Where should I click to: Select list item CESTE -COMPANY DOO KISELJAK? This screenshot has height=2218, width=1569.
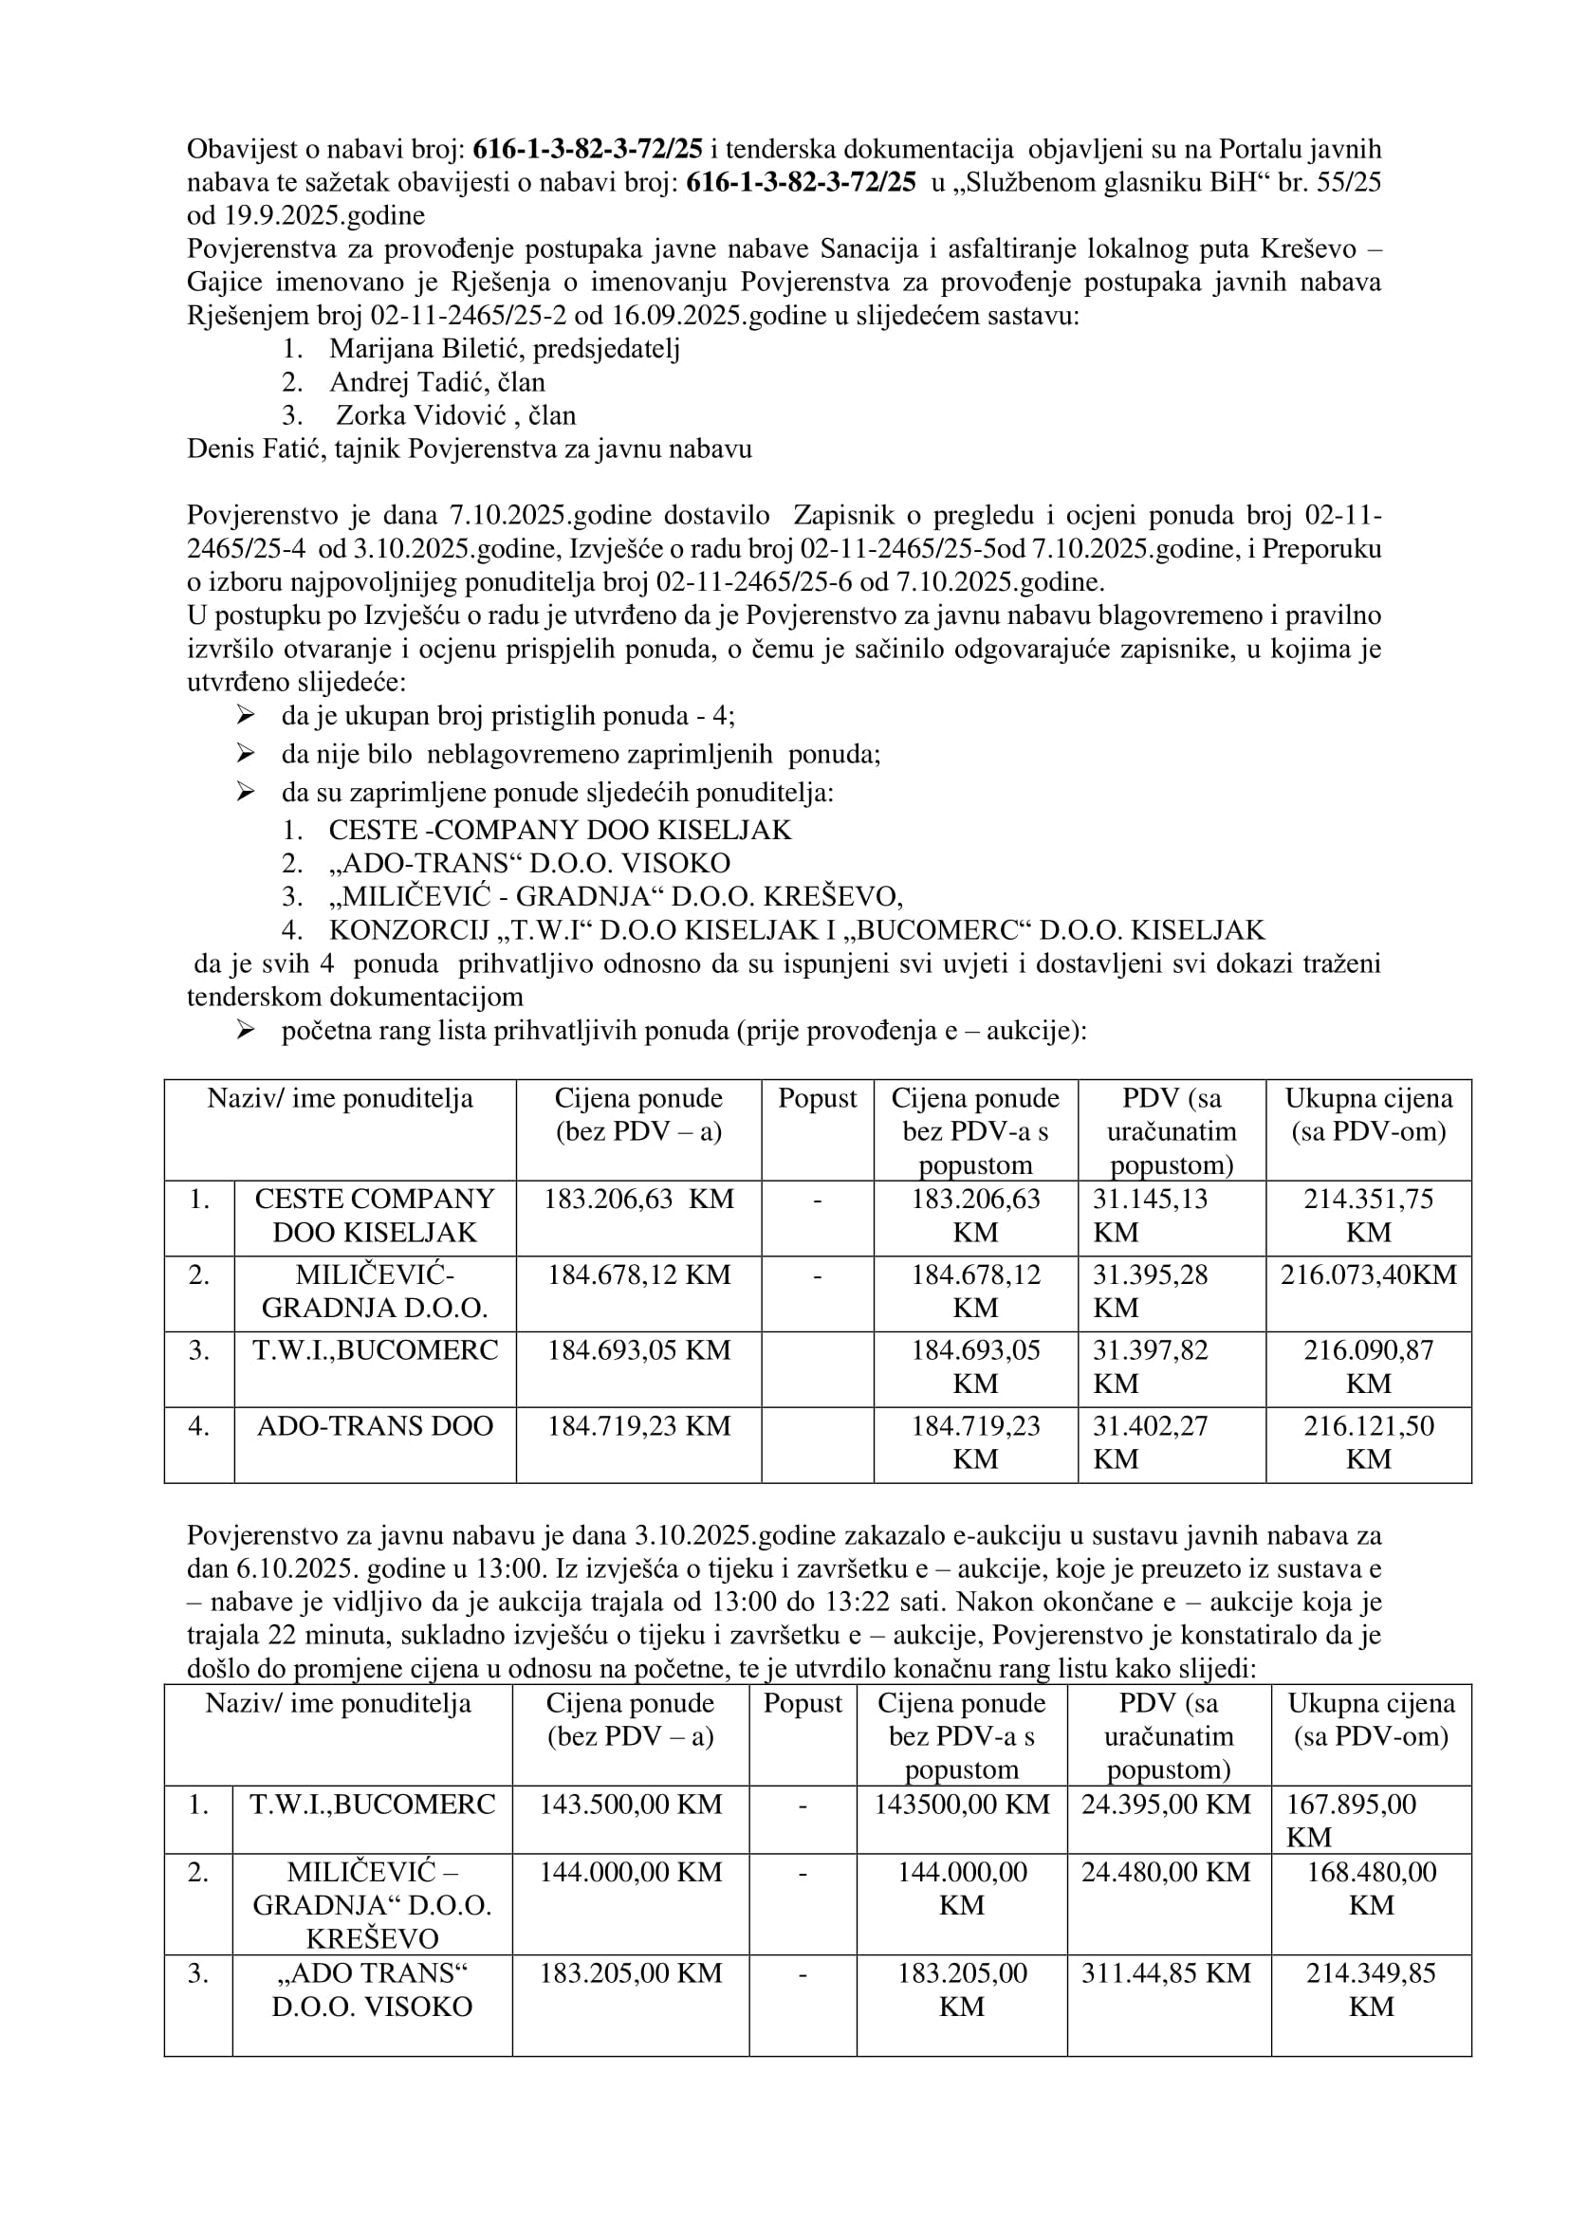point(560,830)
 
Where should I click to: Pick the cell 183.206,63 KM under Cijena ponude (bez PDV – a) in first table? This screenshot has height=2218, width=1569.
point(638,1199)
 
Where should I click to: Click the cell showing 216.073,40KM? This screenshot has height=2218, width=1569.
point(1368,1275)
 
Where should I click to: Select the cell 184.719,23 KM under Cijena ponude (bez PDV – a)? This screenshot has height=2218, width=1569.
point(638,1426)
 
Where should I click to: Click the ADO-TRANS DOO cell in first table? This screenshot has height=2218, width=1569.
point(375,1426)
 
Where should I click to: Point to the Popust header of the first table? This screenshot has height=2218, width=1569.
point(818,1098)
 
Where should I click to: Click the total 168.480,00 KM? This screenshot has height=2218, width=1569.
point(1371,1888)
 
